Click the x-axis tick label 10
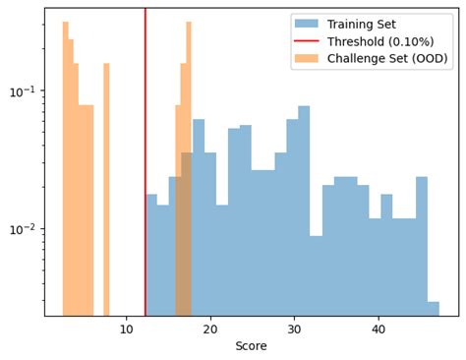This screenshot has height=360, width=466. coord(127,330)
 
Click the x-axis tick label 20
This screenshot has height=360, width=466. coord(210,330)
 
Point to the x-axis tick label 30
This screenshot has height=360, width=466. coord(294,330)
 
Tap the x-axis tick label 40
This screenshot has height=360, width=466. coord(379,330)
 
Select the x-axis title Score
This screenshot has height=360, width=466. coord(252,346)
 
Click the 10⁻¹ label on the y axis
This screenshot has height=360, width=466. coord(23,91)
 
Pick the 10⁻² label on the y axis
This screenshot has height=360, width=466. coord(23,229)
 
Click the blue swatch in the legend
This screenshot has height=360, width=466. coord(306,24)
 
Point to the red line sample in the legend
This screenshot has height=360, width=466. coord(306,41)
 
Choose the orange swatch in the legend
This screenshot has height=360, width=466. coord(306,59)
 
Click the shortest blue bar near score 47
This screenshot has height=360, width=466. coord(434,309)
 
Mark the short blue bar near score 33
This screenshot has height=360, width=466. coord(316,275)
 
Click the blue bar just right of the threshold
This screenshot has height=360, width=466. coord(151,256)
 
